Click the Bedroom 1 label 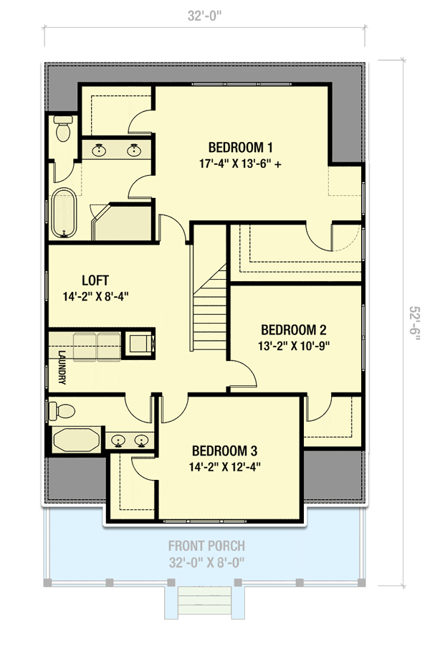tap(240, 148)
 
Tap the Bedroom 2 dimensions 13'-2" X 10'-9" tap(293, 346)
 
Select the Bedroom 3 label tap(224, 451)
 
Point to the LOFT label tap(95, 280)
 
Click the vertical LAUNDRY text tap(62, 367)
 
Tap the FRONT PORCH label tap(207, 547)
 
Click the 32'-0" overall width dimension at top tap(205, 16)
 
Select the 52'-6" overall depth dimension tap(414, 323)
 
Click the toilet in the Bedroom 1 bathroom tap(64, 128)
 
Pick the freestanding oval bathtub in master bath tap(64, 213)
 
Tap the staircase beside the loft tap(210, 307)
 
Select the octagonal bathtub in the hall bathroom tap(76, 440)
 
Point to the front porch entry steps tap(205, 601)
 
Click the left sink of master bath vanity tap(99, 150)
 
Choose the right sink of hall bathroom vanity tap(142, 440)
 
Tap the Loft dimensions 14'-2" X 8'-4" tap(95, 296)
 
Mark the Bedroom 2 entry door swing tap(244, 372)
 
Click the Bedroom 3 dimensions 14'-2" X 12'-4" tap(225, 466)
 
